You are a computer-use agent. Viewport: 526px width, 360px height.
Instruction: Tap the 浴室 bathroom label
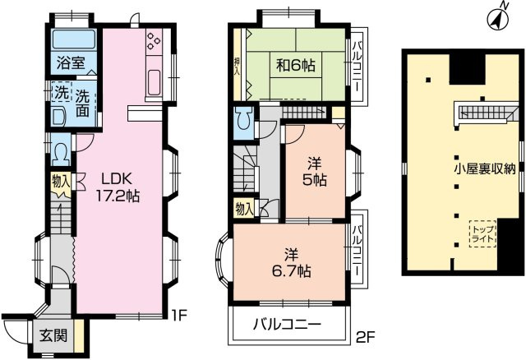pos(66,62)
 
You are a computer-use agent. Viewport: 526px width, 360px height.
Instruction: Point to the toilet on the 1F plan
pos(62,152)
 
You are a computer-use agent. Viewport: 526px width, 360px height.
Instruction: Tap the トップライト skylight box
pos(482,233)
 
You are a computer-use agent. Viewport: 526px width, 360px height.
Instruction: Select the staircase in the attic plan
pos(485,109)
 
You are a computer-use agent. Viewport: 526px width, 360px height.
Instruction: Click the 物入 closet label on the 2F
pos(244,209)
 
